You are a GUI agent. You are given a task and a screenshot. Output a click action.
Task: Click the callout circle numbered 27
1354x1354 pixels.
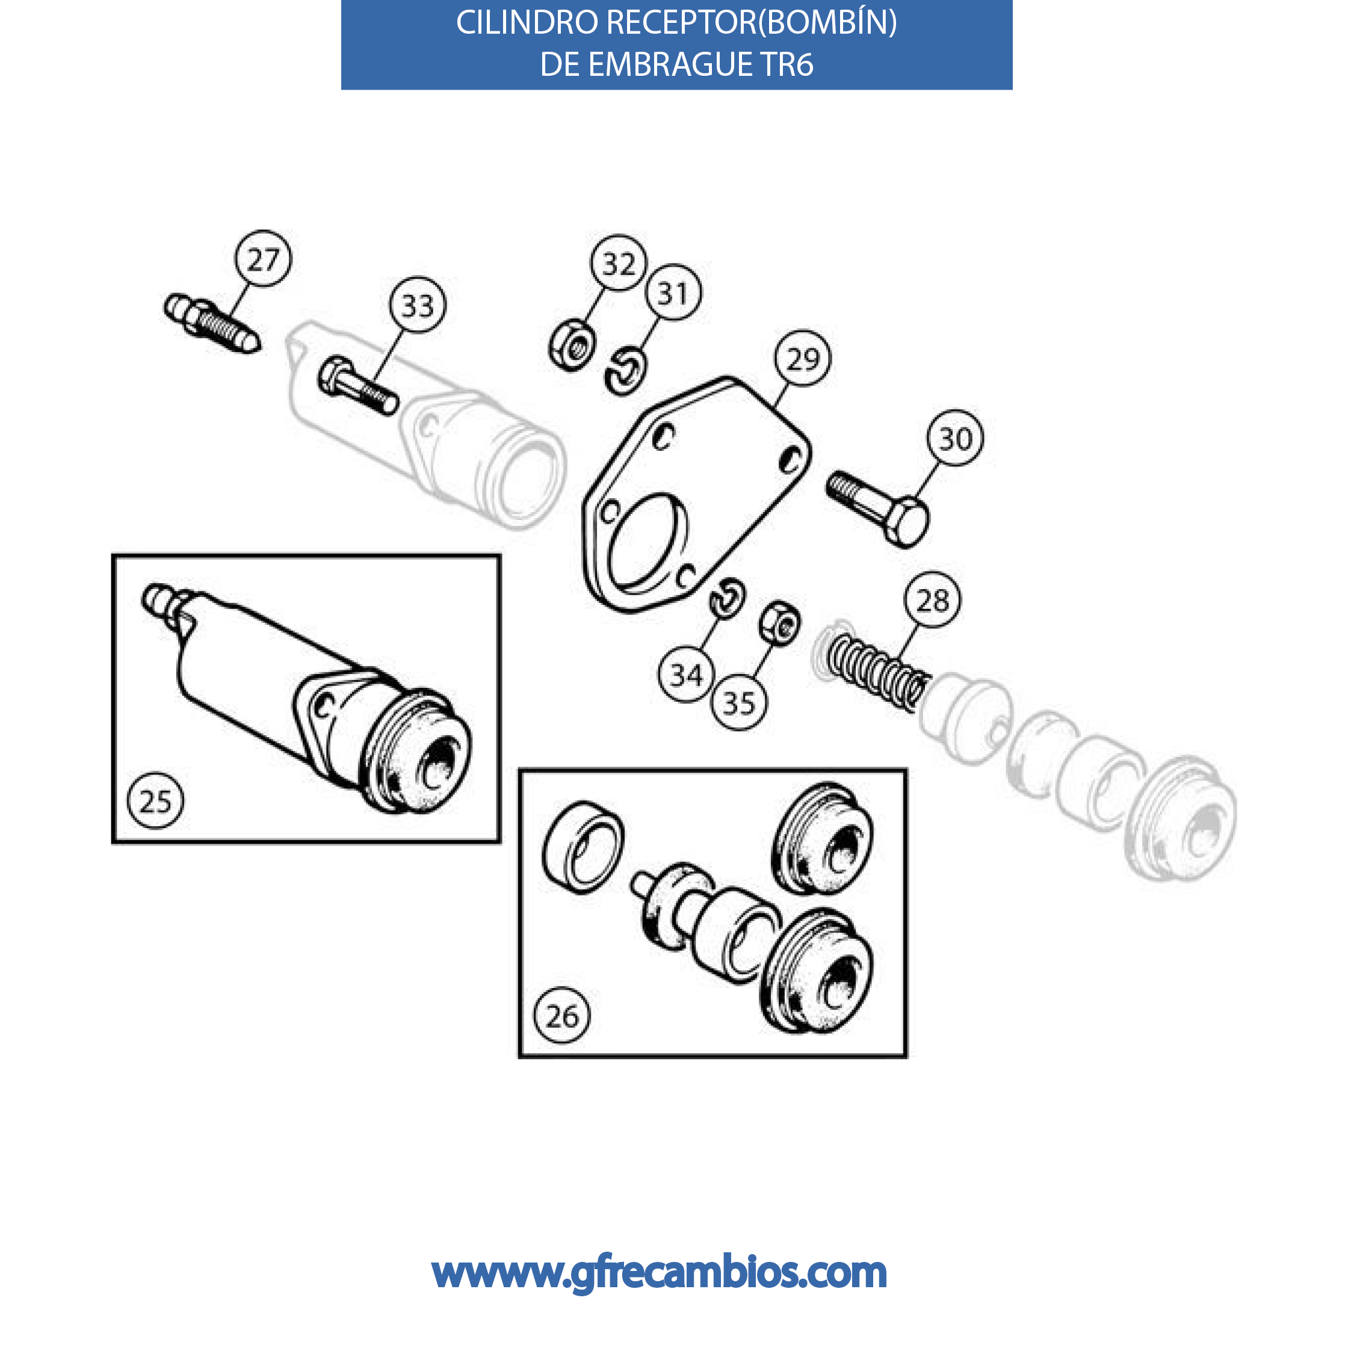click(x=263, y=259)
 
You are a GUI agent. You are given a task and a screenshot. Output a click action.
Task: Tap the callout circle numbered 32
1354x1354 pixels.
click(x=619, y=263)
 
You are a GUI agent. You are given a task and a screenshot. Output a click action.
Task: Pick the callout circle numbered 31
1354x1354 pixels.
click(x=673, y=292)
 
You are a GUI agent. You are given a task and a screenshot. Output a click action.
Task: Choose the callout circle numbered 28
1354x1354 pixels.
click(x=933, y=600)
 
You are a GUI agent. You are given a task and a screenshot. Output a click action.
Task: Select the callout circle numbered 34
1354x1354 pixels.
click(x=687, y=675)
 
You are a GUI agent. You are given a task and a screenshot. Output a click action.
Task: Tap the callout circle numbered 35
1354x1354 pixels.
click(x=740, y=702)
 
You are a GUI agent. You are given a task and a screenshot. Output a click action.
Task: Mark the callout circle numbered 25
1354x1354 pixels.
click(x=156, y=800)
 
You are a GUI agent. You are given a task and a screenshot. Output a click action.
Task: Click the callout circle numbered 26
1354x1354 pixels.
click(x=562, y=1016)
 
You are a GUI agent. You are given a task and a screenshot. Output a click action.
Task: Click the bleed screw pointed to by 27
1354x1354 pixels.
click(x=212, y=324)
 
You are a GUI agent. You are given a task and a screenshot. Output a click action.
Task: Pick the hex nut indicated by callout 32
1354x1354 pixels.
click(x=572, y=345)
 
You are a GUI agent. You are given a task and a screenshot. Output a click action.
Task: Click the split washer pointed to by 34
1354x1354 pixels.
click(x=728, y=598)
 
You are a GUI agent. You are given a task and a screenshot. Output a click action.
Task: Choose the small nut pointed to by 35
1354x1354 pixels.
click(x=780, y=622)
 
